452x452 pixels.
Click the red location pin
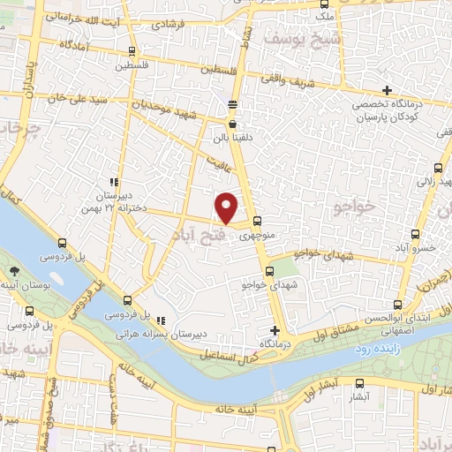[x=228, y=207]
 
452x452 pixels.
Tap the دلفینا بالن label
[x=232, y=138]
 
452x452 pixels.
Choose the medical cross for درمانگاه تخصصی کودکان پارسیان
[x=387, y=90]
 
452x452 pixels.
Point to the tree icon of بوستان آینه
[x=13, y=272]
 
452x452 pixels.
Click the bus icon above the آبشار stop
[x=359, y=383]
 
